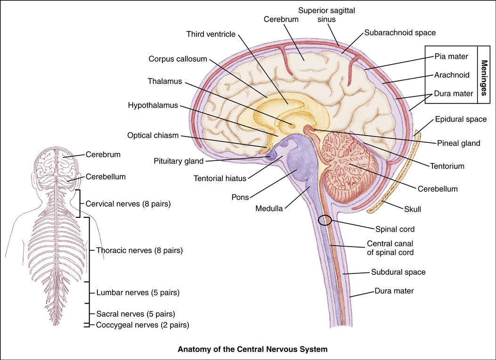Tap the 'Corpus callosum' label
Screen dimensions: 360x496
point(178,59)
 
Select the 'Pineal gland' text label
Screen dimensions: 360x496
point(458,143)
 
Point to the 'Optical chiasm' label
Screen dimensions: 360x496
point(153,136)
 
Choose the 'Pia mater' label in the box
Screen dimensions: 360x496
point(451,56)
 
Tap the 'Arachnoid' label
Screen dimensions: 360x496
point(452,75)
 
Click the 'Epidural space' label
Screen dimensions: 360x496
point(461,119)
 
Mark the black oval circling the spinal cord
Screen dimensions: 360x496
point(325,220)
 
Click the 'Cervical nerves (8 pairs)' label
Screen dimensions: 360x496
point(128,204)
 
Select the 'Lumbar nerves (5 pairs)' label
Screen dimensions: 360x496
point(138,292)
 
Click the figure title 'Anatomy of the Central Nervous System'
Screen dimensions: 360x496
point(252,350)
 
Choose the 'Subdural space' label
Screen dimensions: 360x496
point(398,272)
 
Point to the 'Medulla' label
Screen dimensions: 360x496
point(269,208)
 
